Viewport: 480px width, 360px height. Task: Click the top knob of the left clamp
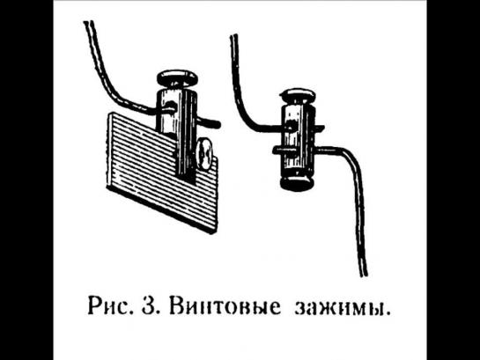pyautogui.click(x=177, y=78)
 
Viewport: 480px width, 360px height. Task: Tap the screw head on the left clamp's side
pyautogui.click(x=204, y=153)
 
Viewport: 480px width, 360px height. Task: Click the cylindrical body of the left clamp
pyautogui.click(x=177, y=129)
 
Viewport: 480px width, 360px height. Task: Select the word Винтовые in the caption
pyautogui.click(x=225, y=306)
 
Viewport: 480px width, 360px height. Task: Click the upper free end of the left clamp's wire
pyautogui.click(x=88, y=22)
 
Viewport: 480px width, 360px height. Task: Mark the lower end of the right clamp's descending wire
pyautogui.click(x=364, y=275)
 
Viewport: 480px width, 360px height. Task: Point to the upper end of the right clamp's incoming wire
pyautogui.click(x=233, y=36)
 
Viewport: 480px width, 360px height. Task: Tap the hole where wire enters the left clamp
pyautogui.click(x=171, y=107)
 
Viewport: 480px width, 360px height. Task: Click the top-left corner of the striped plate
pyautogui.click(x=109, y=113)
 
